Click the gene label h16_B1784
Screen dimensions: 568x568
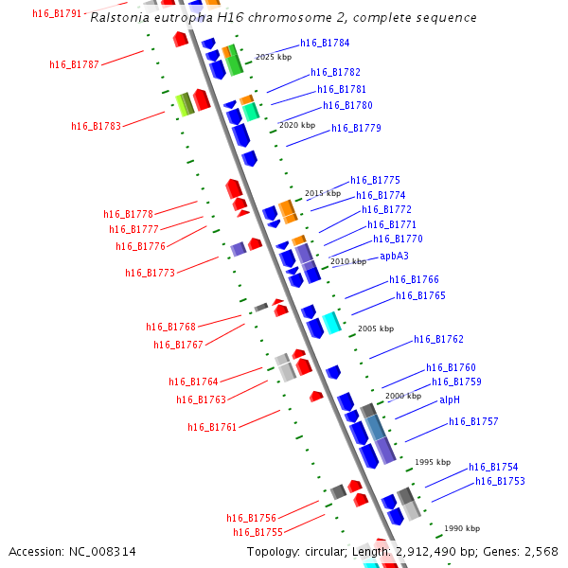coord(325,43)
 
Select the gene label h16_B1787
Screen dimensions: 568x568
coord(74,64)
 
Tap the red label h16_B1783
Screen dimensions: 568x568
coord(96,126)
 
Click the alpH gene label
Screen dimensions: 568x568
coord(449,399)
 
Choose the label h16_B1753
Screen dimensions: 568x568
coord(500,481)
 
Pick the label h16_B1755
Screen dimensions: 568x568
coord(257,532)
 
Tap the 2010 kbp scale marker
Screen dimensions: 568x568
coord(347,261)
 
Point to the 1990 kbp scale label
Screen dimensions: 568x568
coord(462,528)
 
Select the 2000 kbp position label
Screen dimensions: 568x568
coord(403,396)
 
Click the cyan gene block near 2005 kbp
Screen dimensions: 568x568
coord(331,323)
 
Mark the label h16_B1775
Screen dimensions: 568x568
coord(375,180)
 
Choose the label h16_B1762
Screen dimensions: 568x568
coord(438,339)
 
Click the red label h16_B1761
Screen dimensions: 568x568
coord(212,427)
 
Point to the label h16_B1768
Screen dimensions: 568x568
coord(170,327)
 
